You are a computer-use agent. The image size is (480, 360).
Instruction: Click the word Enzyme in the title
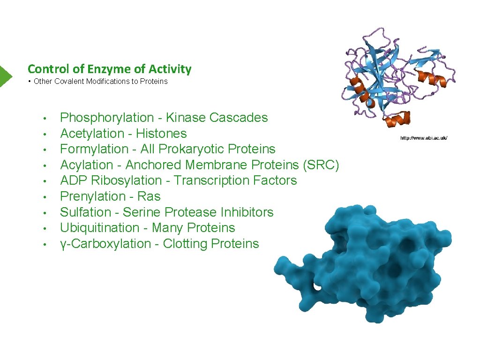(109, 69)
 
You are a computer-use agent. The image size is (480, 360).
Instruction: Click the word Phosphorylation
(107, 118)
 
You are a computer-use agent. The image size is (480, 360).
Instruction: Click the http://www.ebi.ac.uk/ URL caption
(424, 138)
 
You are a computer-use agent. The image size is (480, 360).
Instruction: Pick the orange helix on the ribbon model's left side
(357, 86)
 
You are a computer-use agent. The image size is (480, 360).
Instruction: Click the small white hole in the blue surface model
(317, 285)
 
